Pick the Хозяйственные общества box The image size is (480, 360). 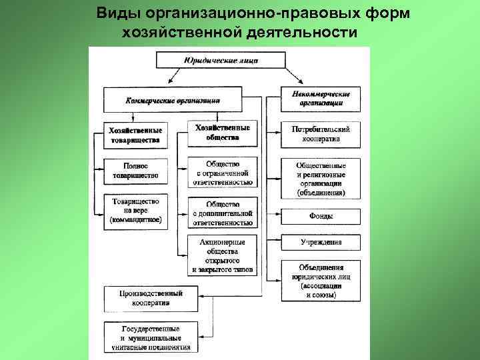[x=223, y=133]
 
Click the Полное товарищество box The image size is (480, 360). [x=135, y=171]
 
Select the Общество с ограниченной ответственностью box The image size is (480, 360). [x=223, y=171]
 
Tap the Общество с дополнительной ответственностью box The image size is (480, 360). [x=223, y=213]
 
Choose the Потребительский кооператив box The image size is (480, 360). [x=321, y=132]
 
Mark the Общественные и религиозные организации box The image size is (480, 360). [x=321, y=178]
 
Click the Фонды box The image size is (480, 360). [x=321, y=216]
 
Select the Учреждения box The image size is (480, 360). [x=321, y=243]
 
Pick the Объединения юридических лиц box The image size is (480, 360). [x=321, y=280]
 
